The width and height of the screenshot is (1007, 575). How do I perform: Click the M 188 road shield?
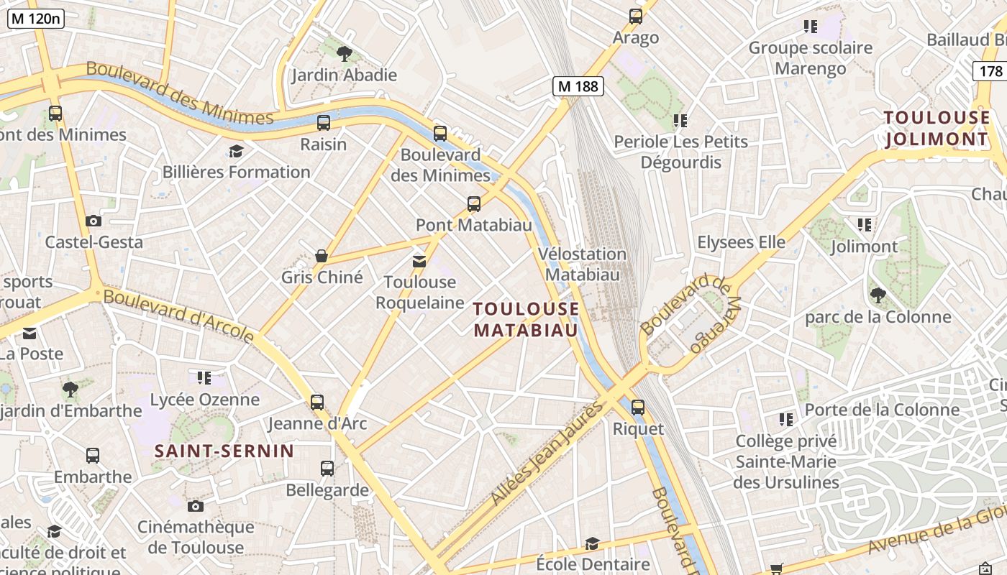(578, 86)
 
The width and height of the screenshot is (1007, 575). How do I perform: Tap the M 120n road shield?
(36, 19)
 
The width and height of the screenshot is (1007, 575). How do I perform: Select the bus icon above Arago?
(635, 16)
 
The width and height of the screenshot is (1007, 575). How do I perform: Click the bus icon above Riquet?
(637, 408)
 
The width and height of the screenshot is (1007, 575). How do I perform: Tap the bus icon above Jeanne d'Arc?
(317, 402)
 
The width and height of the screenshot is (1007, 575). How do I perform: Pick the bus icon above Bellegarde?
(327, 469)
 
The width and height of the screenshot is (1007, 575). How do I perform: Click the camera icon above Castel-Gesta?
(93, 221)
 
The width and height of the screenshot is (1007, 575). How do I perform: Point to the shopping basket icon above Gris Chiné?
(322, 256)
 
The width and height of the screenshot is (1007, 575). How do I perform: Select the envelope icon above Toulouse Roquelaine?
(419, 261)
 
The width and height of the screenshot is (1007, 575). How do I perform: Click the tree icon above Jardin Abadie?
(345, 52)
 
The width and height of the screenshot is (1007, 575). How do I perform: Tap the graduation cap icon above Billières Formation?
(235, 151)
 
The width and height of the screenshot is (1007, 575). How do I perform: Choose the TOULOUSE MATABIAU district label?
(526, 319)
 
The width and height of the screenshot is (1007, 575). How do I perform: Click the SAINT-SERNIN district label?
(224, 451)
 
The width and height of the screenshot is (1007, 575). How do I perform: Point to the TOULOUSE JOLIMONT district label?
(937, 128)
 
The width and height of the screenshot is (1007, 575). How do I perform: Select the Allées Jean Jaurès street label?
(547, 454)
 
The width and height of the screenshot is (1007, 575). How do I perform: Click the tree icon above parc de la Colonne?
(878, 295)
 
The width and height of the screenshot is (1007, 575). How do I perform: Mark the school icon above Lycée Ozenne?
(204, 377)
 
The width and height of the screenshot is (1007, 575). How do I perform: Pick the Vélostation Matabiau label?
(583, 264)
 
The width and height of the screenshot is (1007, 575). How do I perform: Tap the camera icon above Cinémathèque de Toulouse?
(196, 506)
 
